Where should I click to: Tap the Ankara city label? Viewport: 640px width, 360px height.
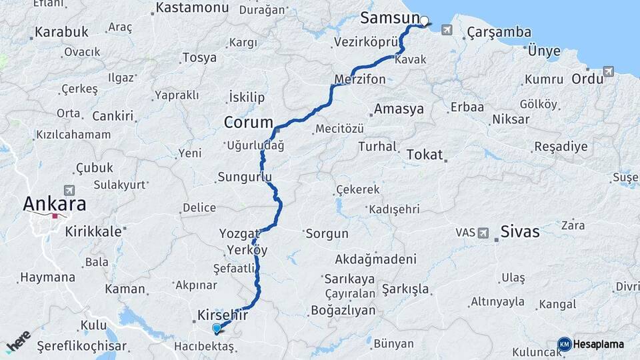pyautogui.click(x=55, y=203)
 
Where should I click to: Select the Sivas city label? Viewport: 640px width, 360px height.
pyautogui.click(x=520, y=232)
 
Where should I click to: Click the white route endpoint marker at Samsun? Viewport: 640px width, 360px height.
pyautogui.click(x=424, y=21)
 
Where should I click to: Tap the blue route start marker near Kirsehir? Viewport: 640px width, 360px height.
pyautogui.click(x=216, y=328)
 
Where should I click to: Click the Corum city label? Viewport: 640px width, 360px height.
pyautogui.click(x=249, y=123)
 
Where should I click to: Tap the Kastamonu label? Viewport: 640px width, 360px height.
pyautogui.click(x=192, y=9)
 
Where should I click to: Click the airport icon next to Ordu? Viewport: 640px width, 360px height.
pyautogui.click(x=608, y=71)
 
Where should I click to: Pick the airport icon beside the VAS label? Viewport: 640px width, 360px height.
pyautogui.click(x=483, y=233)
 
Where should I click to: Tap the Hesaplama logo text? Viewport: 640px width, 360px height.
pyautogui.click(x=598, y=344)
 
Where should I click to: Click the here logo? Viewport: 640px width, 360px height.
pyautogui.click(x=18, y=342)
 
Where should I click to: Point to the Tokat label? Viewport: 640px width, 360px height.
pyautogui.click(x=425, y=155)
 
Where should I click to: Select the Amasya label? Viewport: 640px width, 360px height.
pyautogui.click(x=399, y=109)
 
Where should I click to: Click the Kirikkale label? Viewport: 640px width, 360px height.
pyautogui.click(x=94, y=231)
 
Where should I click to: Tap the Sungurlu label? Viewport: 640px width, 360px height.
pyautogui.click(x=245, y=177)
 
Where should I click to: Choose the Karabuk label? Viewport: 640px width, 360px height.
pyautogui.click(x=61, y=31)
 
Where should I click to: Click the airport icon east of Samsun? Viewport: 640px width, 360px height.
pyautogui.click(x=446, y=30)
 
